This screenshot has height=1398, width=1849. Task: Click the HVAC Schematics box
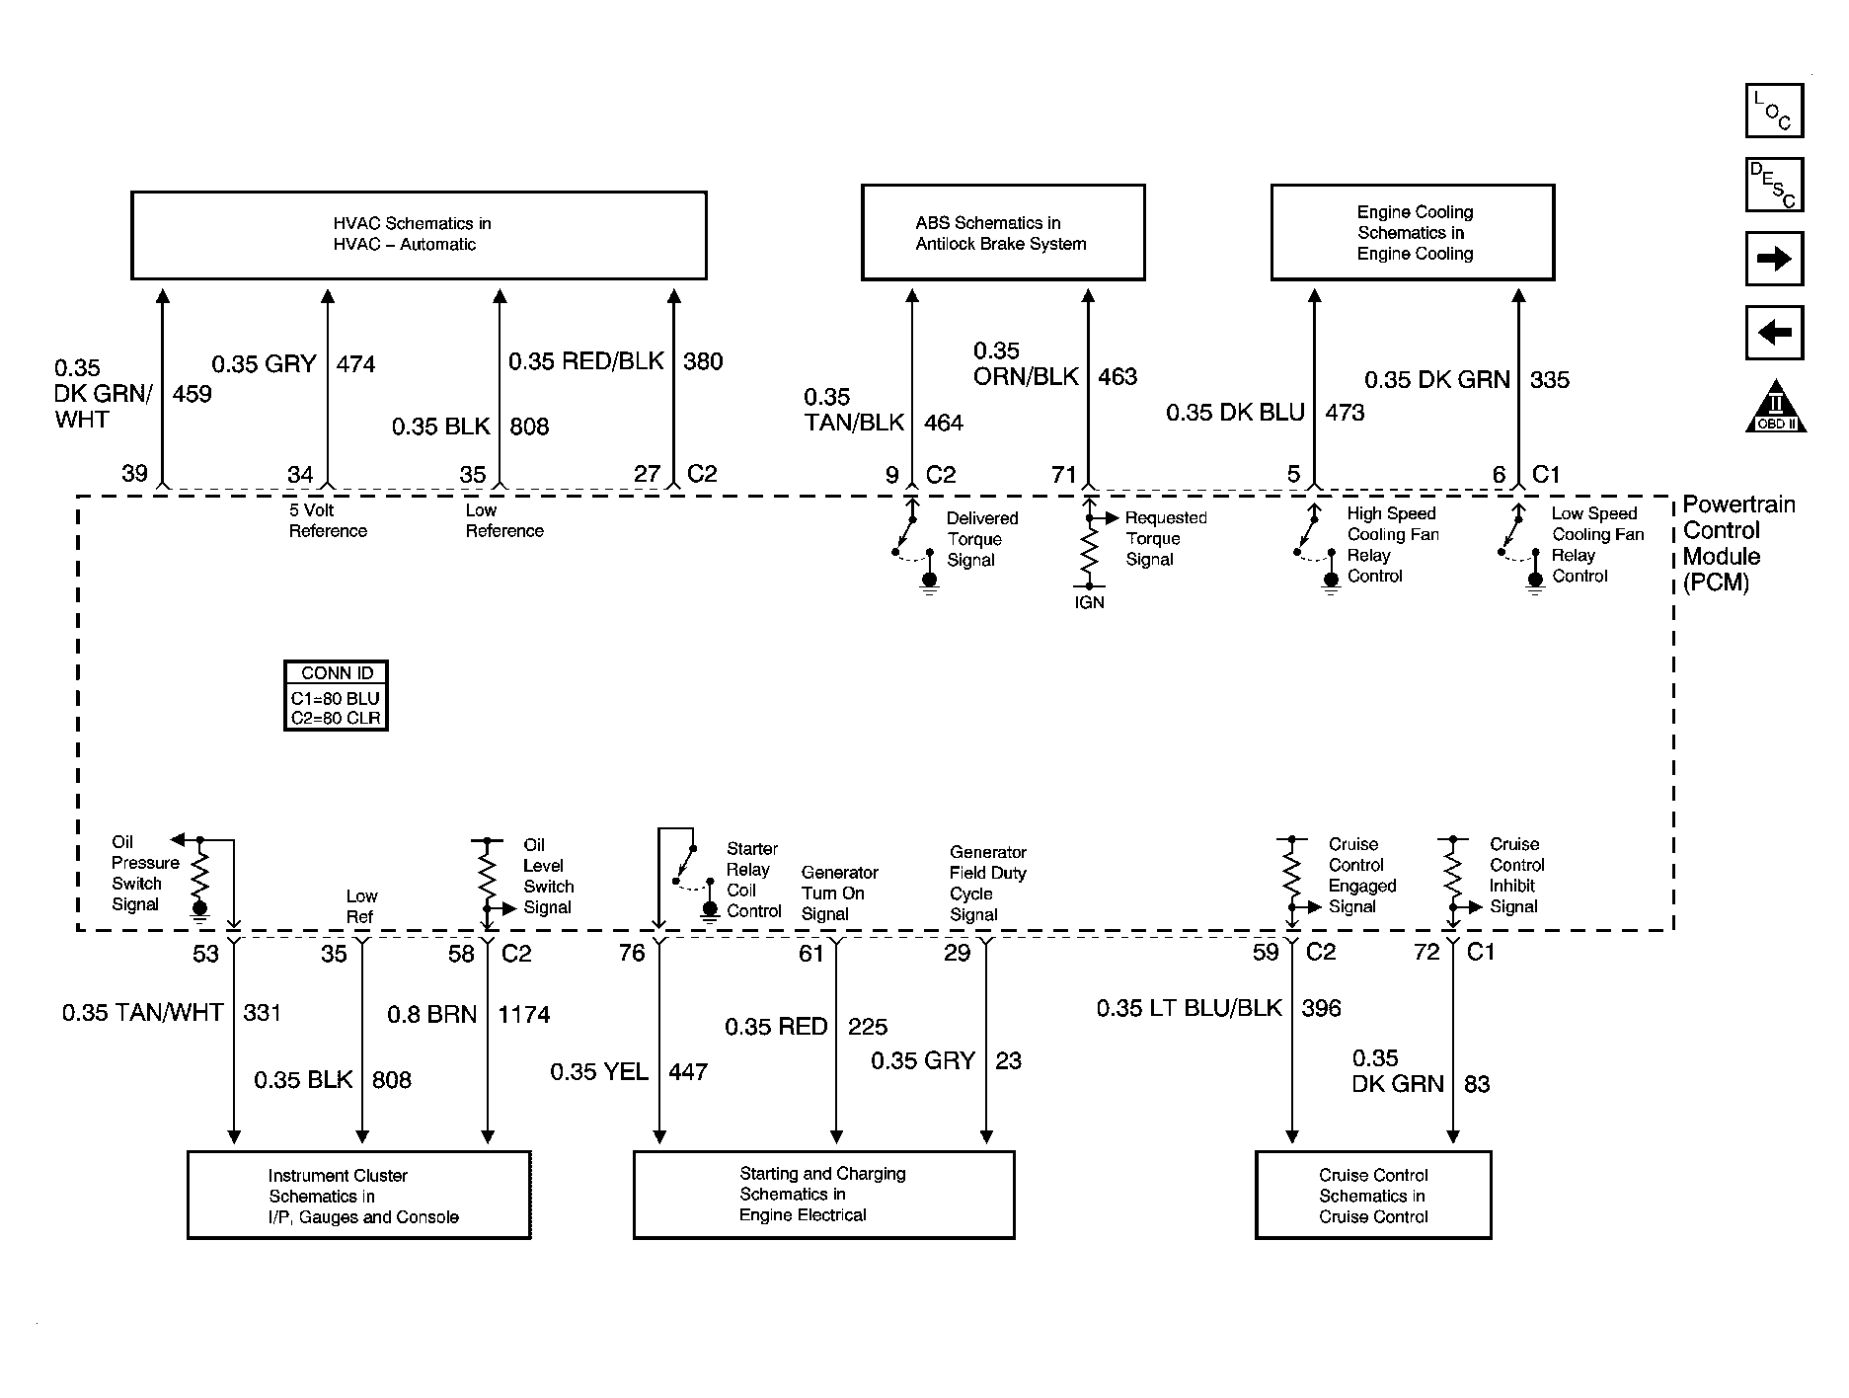click(419, 235)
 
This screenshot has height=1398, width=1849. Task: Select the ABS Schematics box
click(1003, 232)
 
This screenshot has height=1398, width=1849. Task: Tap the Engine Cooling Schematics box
click(1413, 232)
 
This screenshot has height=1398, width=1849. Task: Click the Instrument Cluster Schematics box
click(359, 1195)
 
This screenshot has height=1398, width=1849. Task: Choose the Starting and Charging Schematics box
click(823, 1195)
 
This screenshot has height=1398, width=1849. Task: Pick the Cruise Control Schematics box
click(1373, 1195)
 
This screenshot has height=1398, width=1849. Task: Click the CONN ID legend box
click(336, 695)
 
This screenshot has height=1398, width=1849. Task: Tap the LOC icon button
click(1775, 110)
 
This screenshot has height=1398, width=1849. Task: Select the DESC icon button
click(1775, 185)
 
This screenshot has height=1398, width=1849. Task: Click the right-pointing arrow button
click(1775, 259)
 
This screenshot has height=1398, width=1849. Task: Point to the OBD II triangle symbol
click(1776, 407)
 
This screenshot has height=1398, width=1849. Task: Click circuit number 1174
click(523, 1015)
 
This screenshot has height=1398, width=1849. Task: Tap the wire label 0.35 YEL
click(599, 1072)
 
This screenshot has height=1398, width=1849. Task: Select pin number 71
click(1063, 475)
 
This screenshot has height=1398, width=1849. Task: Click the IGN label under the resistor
click(1089, 602)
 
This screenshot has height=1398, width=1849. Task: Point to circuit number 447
click(688, 1072)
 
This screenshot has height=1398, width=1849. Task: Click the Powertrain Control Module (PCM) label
click(1737, 543)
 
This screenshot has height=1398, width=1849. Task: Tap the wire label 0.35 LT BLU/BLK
click(1190, 1008)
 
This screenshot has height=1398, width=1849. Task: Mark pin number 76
click(632, 953)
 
